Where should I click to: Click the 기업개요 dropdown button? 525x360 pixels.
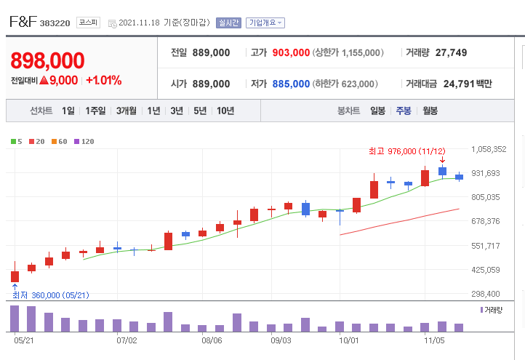[265, 23]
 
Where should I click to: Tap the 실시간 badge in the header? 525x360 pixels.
[228, 23]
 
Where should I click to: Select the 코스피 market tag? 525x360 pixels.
[88, 23]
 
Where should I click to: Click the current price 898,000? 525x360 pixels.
[47, 60]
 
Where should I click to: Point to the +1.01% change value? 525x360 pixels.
[104, 81]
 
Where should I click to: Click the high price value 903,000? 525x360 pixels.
[291, 52]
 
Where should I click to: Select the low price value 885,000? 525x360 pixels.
[291, 84]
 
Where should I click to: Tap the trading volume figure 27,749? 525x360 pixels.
[451, 52]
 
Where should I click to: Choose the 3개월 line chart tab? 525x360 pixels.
[127, 111]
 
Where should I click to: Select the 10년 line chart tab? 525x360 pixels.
[225, 111]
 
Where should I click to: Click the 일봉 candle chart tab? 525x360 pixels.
[377, 111]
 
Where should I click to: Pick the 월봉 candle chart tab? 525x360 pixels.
[430, 111]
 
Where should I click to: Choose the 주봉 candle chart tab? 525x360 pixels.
[404, 111]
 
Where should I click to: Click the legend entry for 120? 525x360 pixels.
[84, 141]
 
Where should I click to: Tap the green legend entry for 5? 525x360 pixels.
[17, 141]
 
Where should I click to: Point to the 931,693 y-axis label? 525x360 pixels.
[486, 173]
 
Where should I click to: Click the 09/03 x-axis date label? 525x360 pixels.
[281, 340]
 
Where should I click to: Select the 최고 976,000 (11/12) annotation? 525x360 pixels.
[407, 151]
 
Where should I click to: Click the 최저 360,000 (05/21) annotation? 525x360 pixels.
[51, 295]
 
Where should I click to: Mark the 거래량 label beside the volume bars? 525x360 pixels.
[492, 310]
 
